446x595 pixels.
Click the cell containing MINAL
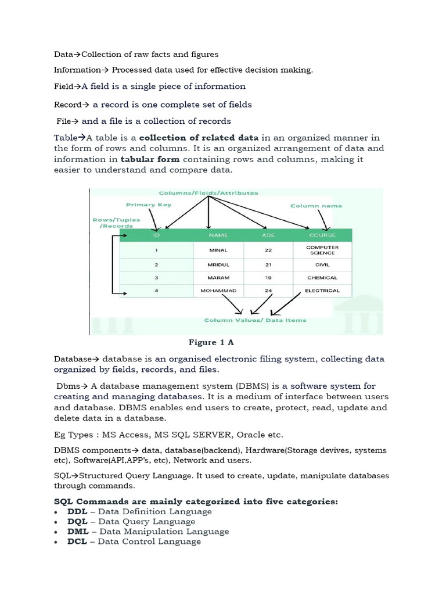click(218, 250)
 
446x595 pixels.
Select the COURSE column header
click(322, 235)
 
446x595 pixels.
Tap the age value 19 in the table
click(268, 278)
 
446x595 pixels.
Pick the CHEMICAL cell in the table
click(322, 278)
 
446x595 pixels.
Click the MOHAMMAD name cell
click(218, 291)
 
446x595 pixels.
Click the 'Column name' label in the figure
click(316, 206)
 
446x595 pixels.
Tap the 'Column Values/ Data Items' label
click(256, 320)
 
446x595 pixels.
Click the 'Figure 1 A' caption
click(211, 342)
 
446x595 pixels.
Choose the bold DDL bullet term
click(77, 511)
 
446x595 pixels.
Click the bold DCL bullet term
click(77, 541)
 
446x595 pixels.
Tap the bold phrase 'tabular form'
click(150, 159)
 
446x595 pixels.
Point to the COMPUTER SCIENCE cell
click(322, 250)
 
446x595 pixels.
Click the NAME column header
click(218, 235)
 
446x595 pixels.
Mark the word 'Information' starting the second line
click(77, 70)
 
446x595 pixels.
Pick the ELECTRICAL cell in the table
click(322, 291)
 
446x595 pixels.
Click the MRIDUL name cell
click(218, 264)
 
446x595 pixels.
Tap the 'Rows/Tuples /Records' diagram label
click(111, 223)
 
